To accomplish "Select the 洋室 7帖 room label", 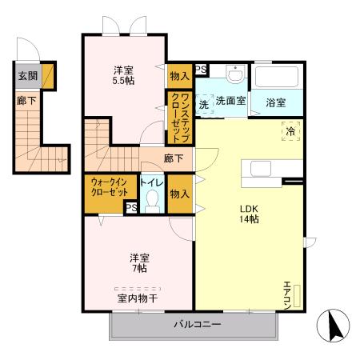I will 139,263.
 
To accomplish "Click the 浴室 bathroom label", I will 276,102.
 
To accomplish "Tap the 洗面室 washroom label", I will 231,102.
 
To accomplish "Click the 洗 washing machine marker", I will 204,104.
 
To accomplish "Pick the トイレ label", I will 153,182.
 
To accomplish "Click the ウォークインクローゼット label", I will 108,187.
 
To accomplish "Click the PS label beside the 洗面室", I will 201,70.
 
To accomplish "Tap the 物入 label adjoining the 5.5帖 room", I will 179,76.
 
